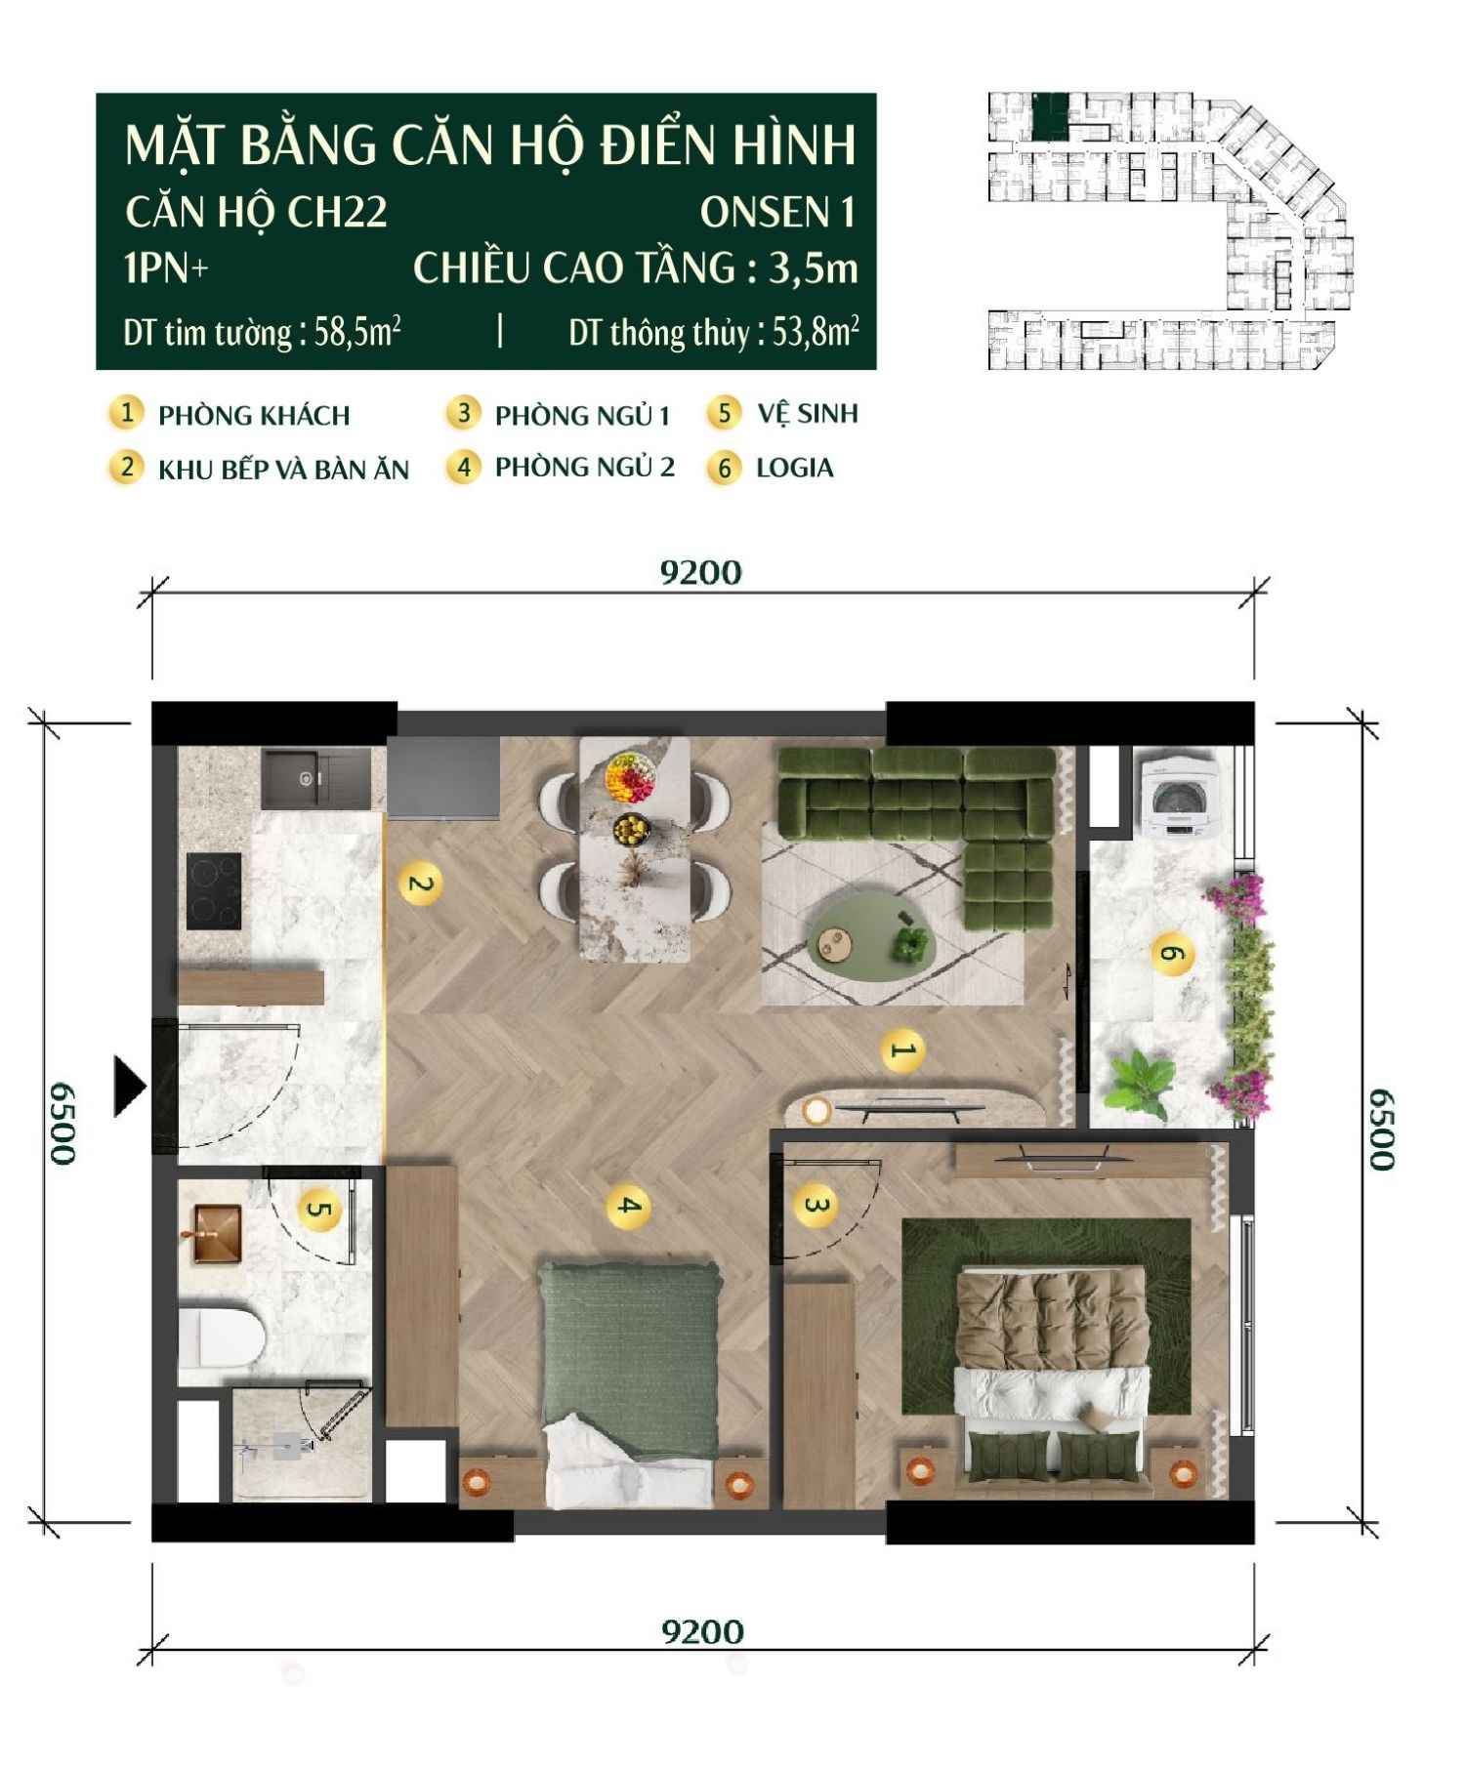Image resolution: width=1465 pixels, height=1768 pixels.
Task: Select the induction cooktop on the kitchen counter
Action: click(x=214, y=890)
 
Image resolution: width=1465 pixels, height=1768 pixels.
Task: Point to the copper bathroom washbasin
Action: click(x=217, y=1234)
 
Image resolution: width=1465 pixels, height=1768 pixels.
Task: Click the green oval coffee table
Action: click(x=872, y=937)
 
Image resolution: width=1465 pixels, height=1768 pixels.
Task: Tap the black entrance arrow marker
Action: click(x=129, y=1085)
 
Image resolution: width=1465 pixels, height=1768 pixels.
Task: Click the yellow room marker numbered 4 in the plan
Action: click(x=628, y=1206)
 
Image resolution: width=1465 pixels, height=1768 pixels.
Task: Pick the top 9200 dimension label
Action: click(x=700, y=572)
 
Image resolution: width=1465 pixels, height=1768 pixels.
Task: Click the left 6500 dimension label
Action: click(x=63, y=1123)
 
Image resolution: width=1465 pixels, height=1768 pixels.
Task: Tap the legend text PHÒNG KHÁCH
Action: click(x=254, y=416)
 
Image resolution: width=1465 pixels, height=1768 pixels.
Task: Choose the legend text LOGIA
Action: click(x=794, y=469)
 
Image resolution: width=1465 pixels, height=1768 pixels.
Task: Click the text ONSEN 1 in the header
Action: click(x=776, y=213)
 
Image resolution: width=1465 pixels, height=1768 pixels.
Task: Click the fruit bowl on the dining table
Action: click(x=630, y=776)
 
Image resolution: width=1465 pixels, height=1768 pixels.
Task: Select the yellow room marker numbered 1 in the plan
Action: click(x=901, y=1050)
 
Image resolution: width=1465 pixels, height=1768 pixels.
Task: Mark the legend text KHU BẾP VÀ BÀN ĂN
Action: click(x=283, y=470)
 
